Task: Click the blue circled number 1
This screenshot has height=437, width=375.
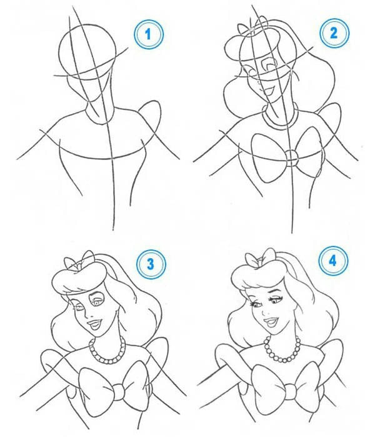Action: click(x=149, y=34)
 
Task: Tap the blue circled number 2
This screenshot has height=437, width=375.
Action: click(x=334, y=33)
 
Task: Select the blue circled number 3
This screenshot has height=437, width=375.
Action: click(x=151, y=264)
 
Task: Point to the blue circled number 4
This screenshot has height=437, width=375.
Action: click(x=333, y=261)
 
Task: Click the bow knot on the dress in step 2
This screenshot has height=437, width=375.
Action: click(x=292, y=158)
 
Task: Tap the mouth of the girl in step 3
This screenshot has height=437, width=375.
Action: click(x=94, y=324)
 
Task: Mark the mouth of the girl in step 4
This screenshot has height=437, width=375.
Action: click(x=271, y=322)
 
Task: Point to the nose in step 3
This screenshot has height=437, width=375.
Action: click(x=87, y=316)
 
